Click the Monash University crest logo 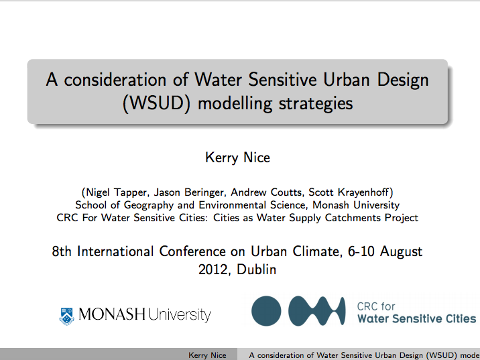[66, 315]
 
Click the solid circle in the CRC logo [266, 311]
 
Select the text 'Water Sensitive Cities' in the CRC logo [416, 319]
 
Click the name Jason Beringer [191, 192]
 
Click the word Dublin [257, 269]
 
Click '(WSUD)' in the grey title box [152, 103]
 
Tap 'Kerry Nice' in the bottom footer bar [207, 355]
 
